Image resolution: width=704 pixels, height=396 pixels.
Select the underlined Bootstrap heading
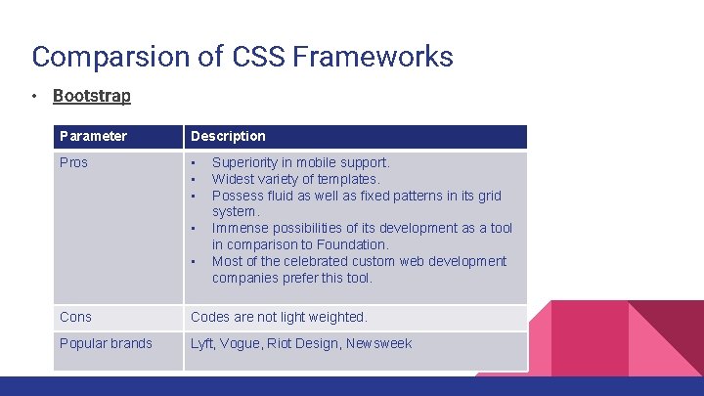(91, 96)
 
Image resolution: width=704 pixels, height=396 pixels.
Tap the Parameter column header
(93, 136)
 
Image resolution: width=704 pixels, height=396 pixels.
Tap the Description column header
(228, 136)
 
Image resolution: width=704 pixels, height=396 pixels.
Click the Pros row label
(73, 162)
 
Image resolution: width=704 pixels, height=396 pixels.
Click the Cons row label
(75, 317)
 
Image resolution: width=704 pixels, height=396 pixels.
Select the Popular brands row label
(106, 343)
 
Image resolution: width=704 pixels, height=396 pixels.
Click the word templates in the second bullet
(346, 179)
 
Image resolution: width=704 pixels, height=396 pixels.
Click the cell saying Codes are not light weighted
(279, 317)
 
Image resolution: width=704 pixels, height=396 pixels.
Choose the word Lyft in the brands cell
(202, 343)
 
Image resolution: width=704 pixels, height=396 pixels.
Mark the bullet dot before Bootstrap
(33, 97)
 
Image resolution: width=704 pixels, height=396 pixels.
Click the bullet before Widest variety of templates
(194, 179)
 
